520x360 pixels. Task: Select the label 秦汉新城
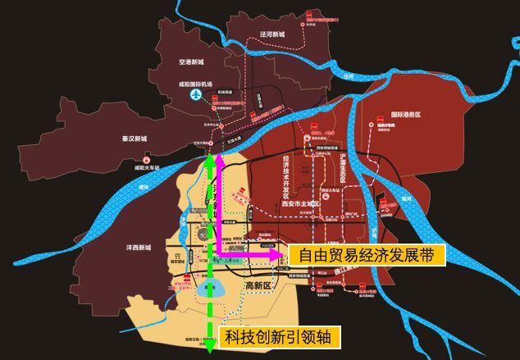tap(131, 139)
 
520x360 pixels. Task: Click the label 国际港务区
tap(405, 115)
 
